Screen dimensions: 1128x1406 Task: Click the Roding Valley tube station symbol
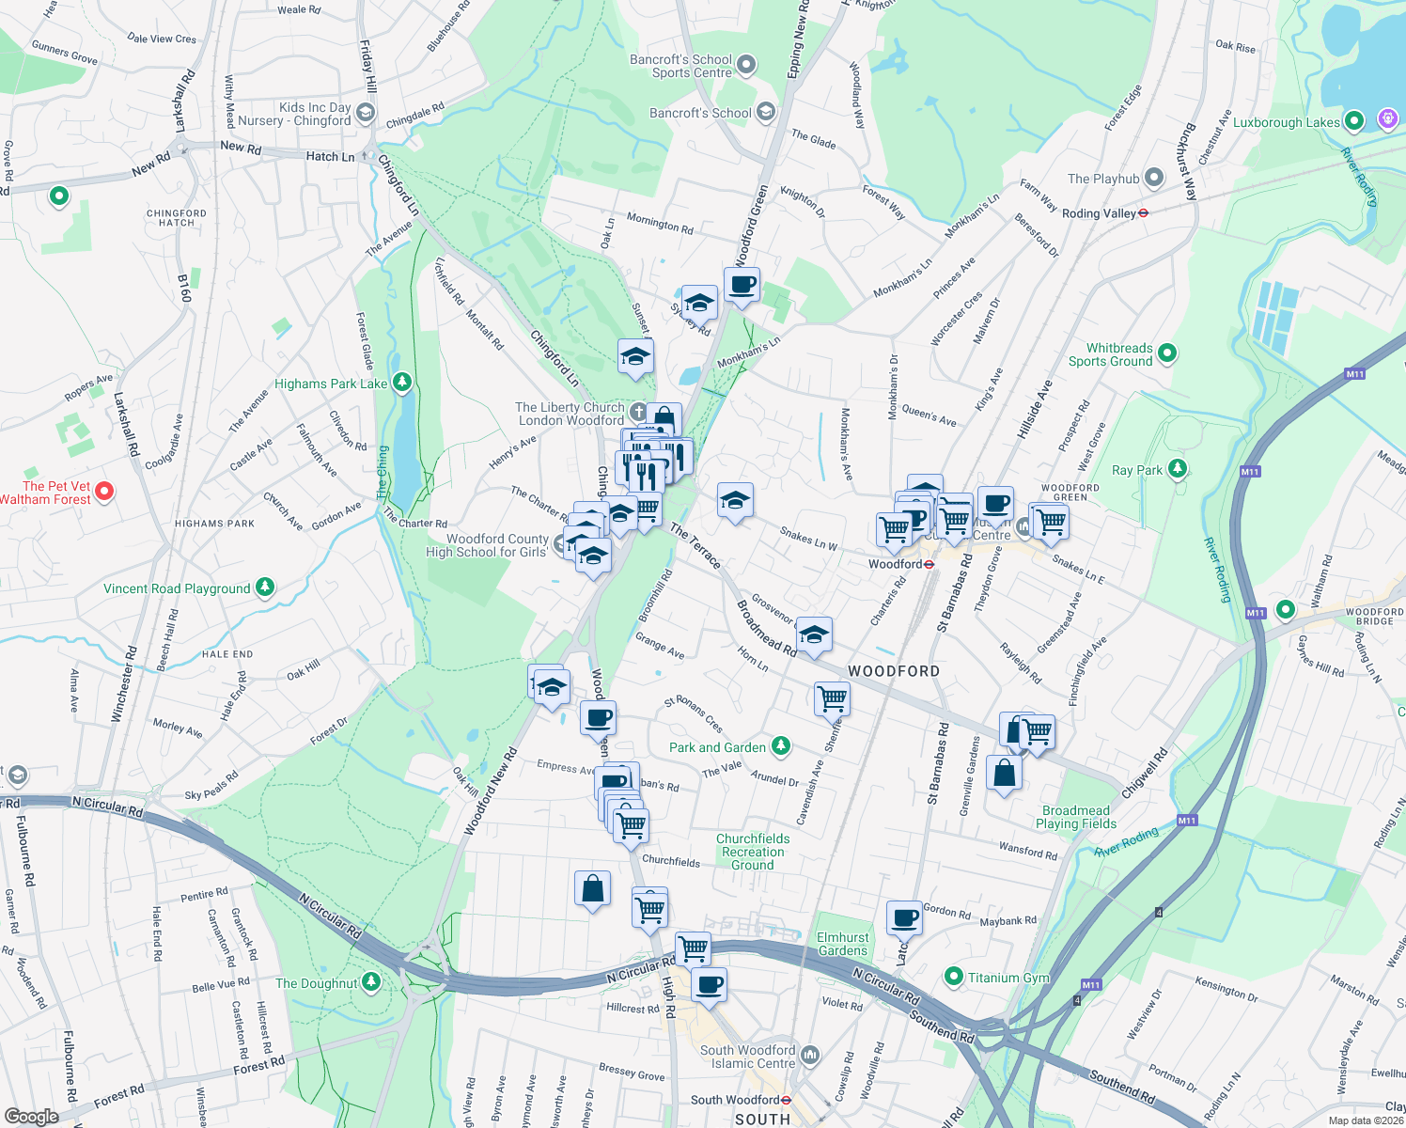pos(1143,213)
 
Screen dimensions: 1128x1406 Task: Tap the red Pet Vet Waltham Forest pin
pos(105,492)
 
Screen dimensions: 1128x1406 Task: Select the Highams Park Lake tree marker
pos(402,382)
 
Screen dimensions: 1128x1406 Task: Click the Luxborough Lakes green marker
pos(1353,121)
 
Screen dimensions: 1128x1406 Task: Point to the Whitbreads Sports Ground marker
pos(1167,353)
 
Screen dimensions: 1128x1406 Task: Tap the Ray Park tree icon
pos(1177,469)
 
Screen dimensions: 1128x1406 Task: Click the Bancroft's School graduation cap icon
pos(765,113)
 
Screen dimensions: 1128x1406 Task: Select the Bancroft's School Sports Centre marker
pos(746,65)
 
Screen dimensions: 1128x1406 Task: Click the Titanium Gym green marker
pos(954,978)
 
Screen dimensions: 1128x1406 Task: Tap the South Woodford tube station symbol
pos(786,1100)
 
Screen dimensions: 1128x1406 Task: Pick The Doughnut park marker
pos(371,982)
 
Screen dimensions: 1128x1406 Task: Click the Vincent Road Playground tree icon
pos(265,587)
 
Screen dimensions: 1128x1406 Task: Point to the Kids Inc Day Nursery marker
pos(365,114)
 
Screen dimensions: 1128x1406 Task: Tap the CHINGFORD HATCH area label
pos(176,218)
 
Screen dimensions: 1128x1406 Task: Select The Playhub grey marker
pos(1154,178)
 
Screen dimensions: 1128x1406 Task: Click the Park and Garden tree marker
pos(780,746)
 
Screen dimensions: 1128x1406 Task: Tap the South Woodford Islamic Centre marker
pos(810,1056)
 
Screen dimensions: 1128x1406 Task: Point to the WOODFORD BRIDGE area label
pos(1374,617)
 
